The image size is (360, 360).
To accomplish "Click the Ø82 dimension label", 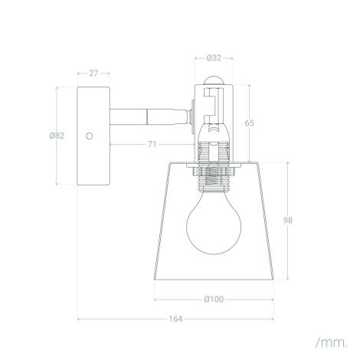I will pyautogui.click(x=56, y=136).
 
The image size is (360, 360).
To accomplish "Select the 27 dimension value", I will pyautogui.click(x=93, y=74).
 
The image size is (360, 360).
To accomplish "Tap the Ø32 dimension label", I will pyautogui.click(x=215, y=57).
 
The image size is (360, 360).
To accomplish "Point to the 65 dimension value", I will pyautogui.click(x=270, y=123).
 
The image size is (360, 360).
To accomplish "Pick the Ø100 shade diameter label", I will pyautogui.click(x=214, y=299).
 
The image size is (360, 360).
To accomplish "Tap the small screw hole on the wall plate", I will pyautogui.click(x=90, y=136).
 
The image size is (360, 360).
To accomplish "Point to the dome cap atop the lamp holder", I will pyautogui.click(x=214, y=80).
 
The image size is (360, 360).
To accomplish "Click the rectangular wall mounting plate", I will pyautogui.click(x=93, y=136).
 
